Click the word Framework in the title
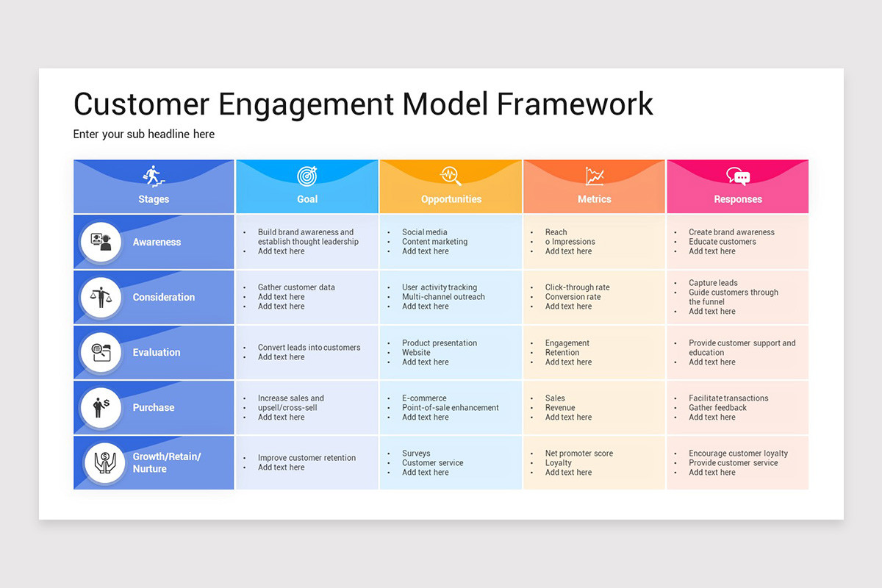575,104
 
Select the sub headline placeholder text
144,135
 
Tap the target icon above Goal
307,176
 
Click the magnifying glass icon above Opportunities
451,176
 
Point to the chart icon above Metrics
595,176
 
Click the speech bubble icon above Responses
738,176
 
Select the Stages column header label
154,199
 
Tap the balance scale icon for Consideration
101,298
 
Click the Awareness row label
157,242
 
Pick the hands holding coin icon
101,463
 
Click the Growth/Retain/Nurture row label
166,462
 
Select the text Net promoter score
578,453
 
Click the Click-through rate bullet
577,287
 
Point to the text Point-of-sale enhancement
450,408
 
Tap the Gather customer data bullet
296,287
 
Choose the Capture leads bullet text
713,283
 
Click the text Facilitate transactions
728,398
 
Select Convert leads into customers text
309,348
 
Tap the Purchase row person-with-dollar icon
101,408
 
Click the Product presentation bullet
439,343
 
